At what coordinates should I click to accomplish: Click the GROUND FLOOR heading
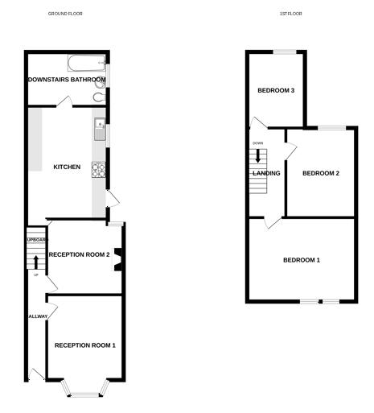pos(65,14)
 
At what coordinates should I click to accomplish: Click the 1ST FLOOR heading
pos(290,14)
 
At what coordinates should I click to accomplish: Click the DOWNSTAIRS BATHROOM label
pos(67,80)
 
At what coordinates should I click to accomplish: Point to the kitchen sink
pos(99,125)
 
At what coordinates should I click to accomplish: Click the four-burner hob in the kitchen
pos(99,169)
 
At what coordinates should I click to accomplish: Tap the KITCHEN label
pos(67,167)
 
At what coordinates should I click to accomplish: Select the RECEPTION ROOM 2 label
pos(79,254)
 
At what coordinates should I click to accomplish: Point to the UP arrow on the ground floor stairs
pos(36,261)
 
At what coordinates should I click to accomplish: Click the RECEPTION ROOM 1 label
pos(85,345)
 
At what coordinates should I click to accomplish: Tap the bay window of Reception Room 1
pos(84,391)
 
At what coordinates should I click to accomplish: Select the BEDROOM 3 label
pos(276,90)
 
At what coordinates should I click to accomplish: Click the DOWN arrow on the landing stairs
pos(257,155)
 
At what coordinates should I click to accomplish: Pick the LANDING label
pos(266,173)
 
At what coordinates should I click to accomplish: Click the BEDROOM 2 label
pos(321,173)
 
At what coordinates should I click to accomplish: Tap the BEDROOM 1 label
pos(302,260)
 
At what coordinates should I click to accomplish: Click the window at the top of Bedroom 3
pos(285,52)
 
